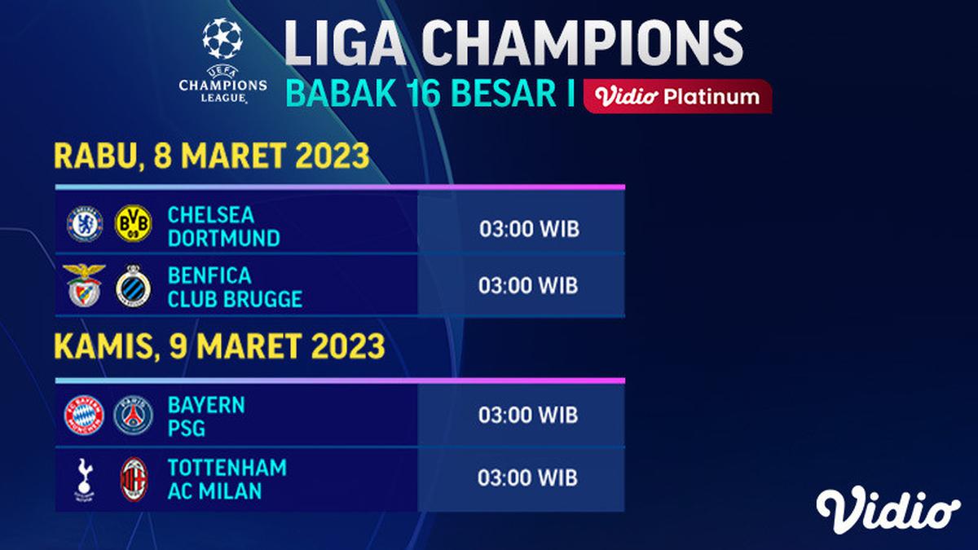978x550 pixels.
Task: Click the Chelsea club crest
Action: tap(85, 224)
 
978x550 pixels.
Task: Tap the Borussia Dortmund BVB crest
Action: tap(133, 224)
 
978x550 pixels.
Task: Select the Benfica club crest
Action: tap(85, 285)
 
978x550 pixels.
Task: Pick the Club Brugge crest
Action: tap(133, 286)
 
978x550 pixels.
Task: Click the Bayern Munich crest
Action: tap(85, 415)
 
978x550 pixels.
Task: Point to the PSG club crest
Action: tap(133, 415)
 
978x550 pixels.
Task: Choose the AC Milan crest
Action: tap(133, 477)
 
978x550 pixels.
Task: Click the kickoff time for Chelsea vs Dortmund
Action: tap(528, 229)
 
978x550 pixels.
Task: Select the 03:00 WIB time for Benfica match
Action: tap(528, 286)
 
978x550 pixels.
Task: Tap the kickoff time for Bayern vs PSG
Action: tap(528, 416)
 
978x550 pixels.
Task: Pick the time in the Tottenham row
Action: tap(528, 477)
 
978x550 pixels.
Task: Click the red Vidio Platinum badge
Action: tap(678, 97)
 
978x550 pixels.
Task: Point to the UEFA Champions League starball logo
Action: tap(222, 39)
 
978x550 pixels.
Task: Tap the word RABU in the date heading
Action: tap(90, 156)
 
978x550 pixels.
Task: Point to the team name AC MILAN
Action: tap(215, 491)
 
